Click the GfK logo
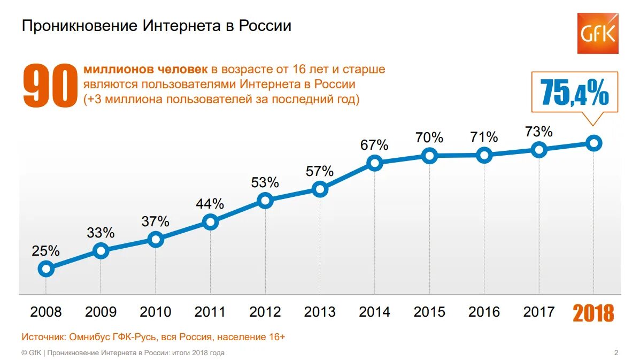tap(597, 33)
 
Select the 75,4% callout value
tap(574, 92)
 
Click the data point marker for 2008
tap(46, 269)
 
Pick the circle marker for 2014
tap(375, 163)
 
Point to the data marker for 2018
tap(593, 143)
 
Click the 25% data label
tap(46, 250)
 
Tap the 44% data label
tap(210, 204)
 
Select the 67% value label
tap(374, 145)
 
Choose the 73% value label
tap(539, 132)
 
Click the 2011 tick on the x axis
tap(210, 312)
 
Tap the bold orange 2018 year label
tap(593, 313)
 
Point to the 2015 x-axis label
tap(429, 312)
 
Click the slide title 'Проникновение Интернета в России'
tap(156, 26)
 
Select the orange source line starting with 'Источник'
tap(153, 337)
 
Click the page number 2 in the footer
tap(616, 353)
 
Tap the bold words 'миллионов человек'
tap(145, 70)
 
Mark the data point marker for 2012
tap(265, 201)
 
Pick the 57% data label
tap(320, 171)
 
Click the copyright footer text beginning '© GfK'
tap(123, 353)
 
